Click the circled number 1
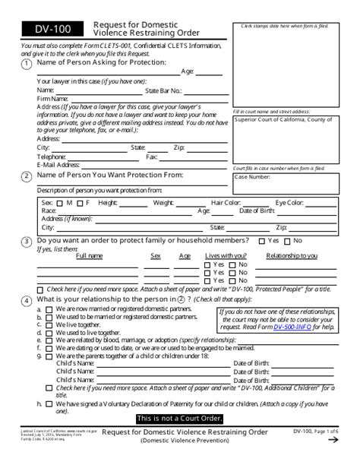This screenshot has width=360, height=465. click(27, 64)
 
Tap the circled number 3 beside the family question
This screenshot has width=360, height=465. click(27, 241)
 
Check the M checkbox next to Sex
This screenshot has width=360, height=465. click(60, 203)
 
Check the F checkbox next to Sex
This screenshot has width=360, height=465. click(79, 203)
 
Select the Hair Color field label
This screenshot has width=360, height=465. click(226, 203)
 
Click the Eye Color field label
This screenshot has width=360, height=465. click(289, 203)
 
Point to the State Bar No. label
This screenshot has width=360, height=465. click(163, 90)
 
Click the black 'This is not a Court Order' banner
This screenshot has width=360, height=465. click(179, 419)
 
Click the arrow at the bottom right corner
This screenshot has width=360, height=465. click(333, 439)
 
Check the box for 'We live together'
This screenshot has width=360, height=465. click(49, 324)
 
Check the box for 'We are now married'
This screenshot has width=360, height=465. click(49, 309)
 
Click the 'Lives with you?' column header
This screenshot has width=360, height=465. click(226, 256)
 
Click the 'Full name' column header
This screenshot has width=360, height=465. click(89, 256)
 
